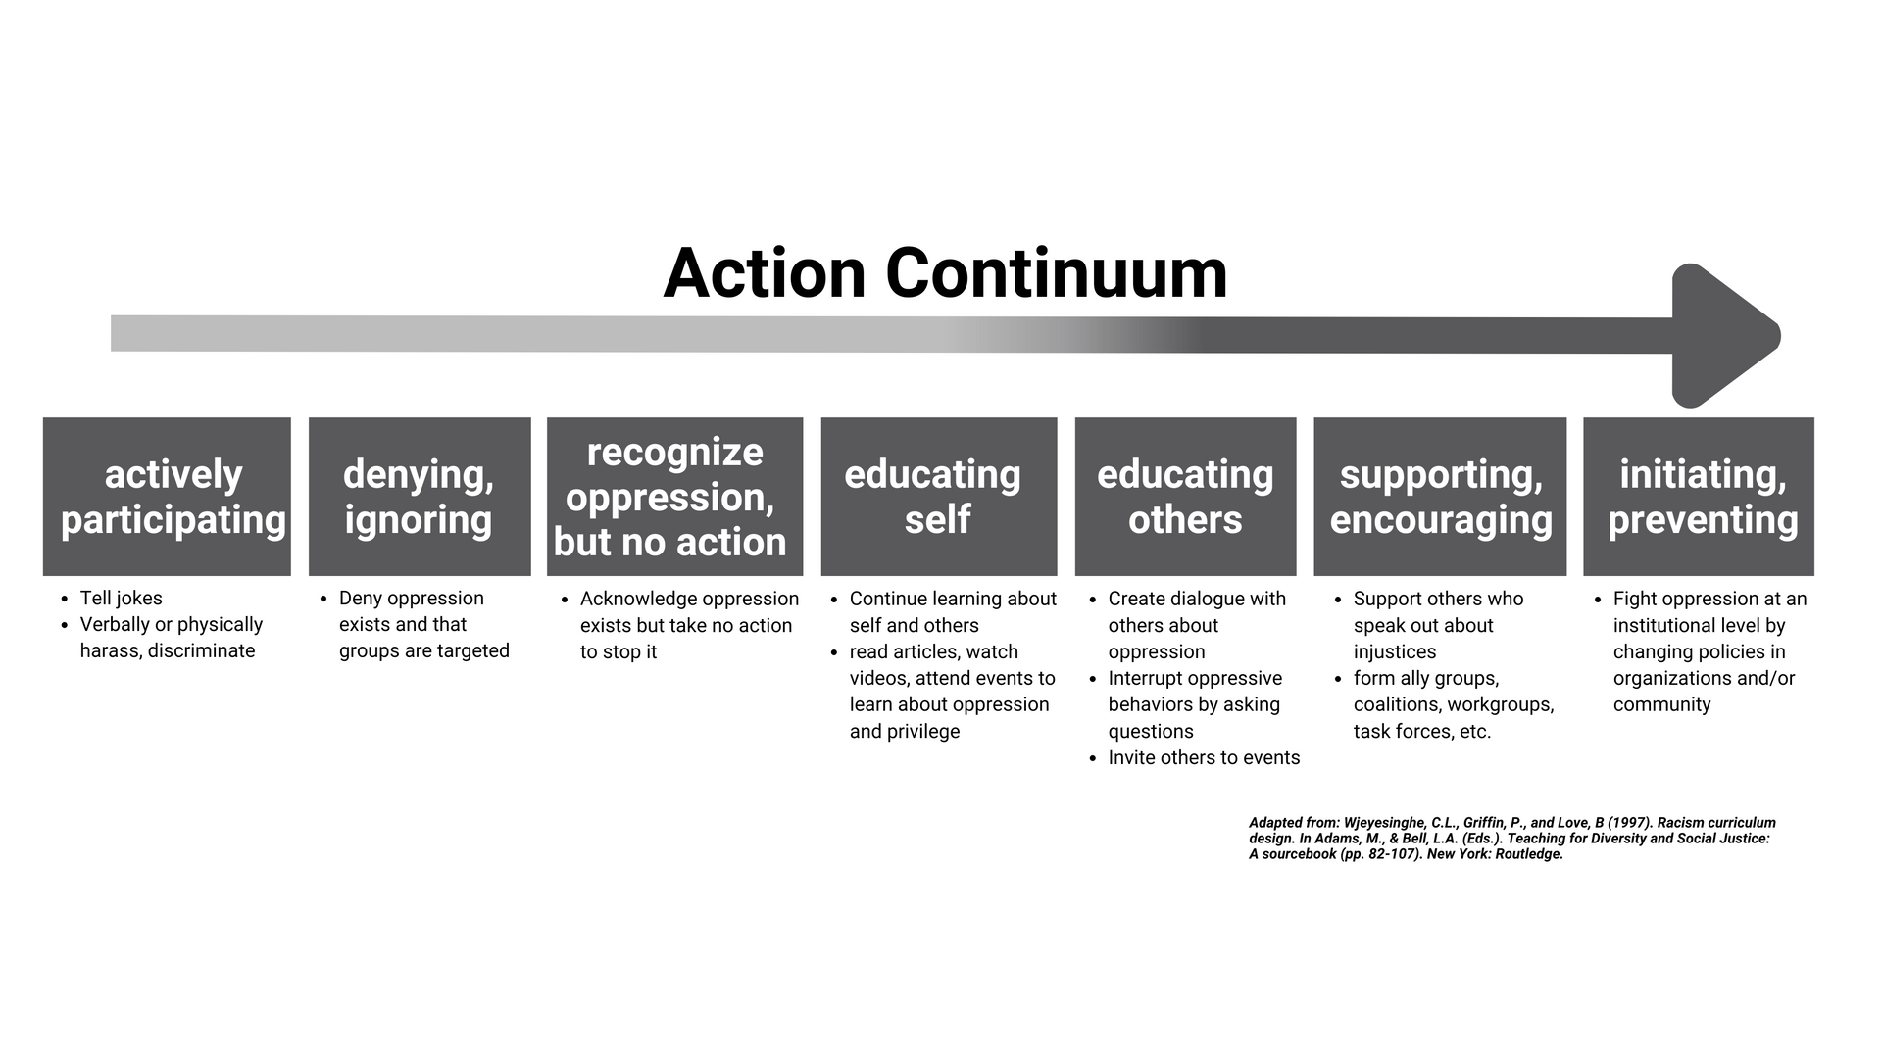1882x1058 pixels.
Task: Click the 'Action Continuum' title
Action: click(945, 273)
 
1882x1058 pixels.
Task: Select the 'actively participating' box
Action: click(167, 497)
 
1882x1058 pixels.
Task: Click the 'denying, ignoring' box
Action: click(420, 497)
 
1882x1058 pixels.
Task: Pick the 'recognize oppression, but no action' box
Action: click(674, 497)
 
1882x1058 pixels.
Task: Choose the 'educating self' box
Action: click(939, 497)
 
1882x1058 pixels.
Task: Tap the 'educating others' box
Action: click(1185, 497)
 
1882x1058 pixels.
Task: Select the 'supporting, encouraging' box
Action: click(1440, 497)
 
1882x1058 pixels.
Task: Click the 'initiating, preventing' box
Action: click(1699, 497)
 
